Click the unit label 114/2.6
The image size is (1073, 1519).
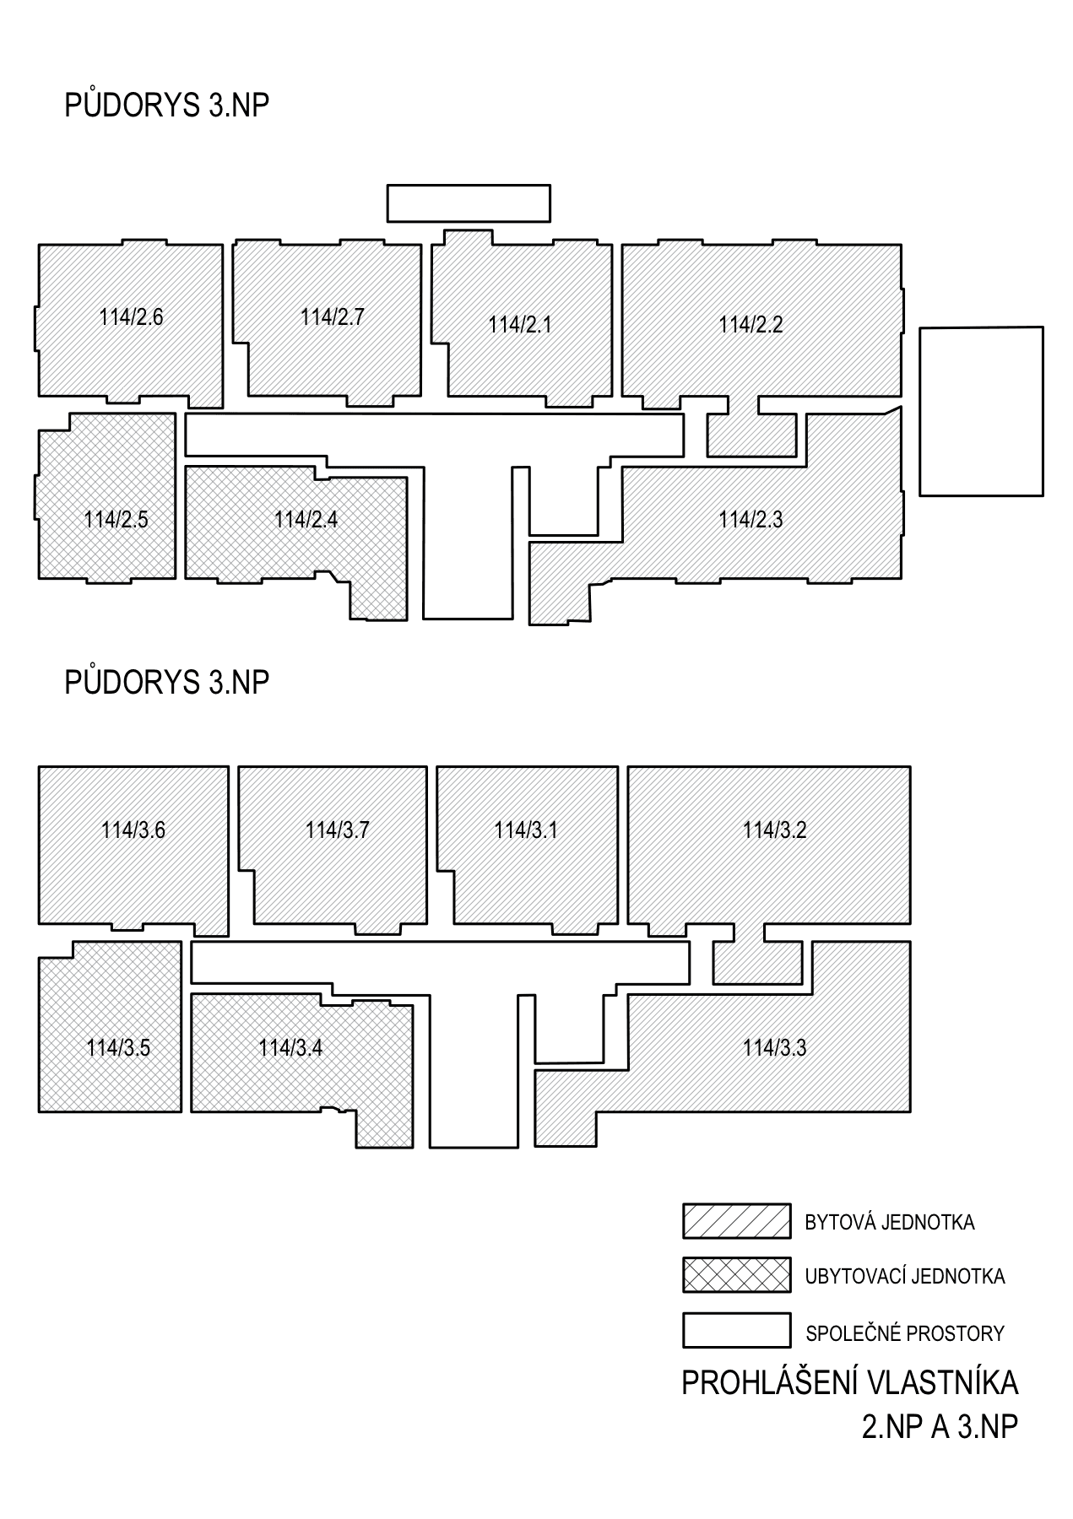131,317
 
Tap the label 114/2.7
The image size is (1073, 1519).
332,317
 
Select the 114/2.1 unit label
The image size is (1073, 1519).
520,325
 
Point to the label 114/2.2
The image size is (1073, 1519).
751,325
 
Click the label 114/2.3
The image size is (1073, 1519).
751,520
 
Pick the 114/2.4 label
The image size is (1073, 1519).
306,520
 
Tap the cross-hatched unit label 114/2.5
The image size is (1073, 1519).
116,520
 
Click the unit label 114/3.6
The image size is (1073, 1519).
133,830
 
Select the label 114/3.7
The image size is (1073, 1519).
337,830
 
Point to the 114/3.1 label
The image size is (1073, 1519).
526,830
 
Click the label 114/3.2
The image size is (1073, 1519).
774,830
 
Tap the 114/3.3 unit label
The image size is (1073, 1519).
774,1048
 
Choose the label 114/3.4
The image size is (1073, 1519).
290,1048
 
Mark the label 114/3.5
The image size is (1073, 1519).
118,1048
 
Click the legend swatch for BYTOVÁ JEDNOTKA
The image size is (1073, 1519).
737,1221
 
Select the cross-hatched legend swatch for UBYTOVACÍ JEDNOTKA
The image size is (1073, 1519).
737,1275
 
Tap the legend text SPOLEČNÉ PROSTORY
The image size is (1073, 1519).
905,1334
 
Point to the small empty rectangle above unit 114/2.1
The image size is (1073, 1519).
469,203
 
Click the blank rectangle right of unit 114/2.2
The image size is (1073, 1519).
981,411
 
